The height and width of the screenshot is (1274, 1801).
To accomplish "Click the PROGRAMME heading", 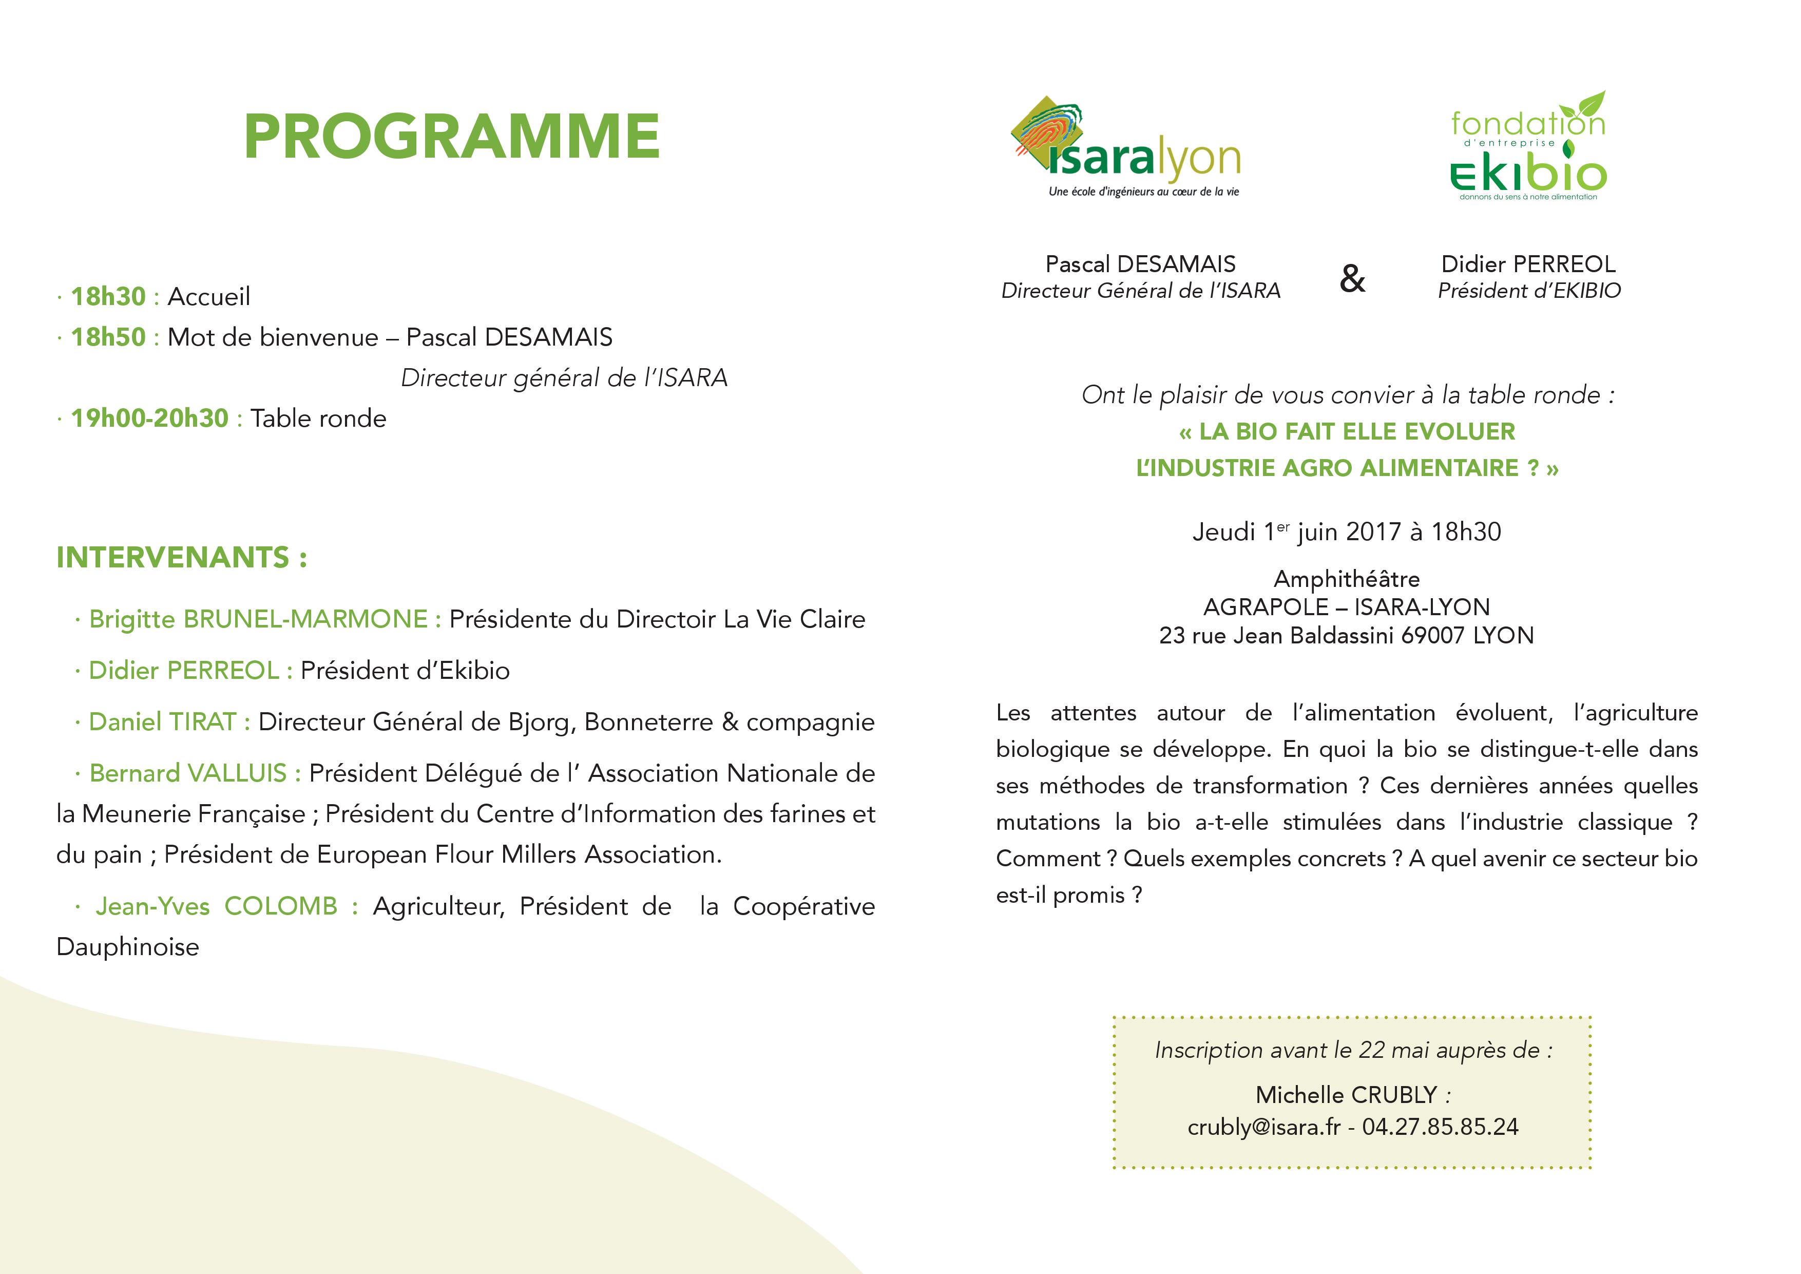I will click(451, 137).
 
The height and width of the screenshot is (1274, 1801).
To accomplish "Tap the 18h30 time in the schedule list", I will click(108, 296).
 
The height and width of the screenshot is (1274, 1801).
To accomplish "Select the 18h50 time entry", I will click(108, 337).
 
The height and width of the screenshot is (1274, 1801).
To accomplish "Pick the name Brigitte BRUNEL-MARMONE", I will click(259, 619).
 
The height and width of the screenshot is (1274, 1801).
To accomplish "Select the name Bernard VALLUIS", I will click(188, 773).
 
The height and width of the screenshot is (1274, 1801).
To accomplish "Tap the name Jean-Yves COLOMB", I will click(217, 906).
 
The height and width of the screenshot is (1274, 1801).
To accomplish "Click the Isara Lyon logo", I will click(1125, 149).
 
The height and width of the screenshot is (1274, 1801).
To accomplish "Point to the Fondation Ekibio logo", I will click(1528, 149).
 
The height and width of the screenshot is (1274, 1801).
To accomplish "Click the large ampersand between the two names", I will click(1352, 278).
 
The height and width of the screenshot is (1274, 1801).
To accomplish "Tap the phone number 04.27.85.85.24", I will click(1440, 1127).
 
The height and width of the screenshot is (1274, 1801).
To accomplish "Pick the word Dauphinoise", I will click(128, 947).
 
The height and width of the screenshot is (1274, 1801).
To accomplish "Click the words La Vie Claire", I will click(794, 619).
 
